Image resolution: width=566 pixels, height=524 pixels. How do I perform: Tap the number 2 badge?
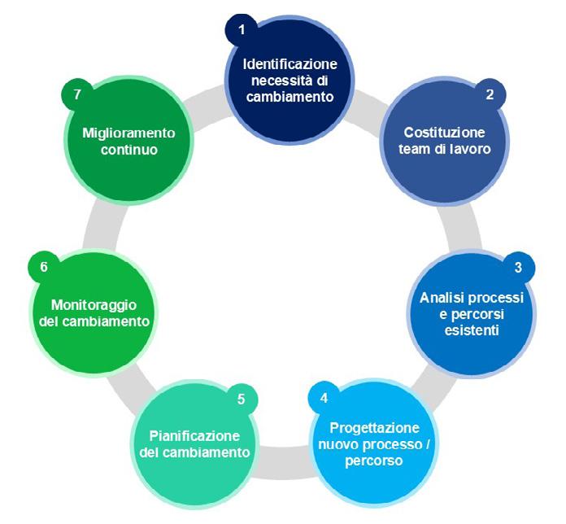click(490, 94)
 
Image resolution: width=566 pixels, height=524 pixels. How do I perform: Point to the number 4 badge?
click(324, 399)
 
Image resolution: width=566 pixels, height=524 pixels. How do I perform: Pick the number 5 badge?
click(241, 399)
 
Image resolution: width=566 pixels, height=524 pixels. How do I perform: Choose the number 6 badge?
click(44, 267)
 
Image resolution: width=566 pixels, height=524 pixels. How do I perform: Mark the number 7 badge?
click(77, 94)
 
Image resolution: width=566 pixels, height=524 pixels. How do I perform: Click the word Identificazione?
click(290, 63)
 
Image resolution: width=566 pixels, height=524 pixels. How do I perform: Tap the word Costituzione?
click(445, 132)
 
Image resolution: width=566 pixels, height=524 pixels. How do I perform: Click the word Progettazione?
click(375, 428)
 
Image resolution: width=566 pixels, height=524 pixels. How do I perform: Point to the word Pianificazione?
click(194, 434)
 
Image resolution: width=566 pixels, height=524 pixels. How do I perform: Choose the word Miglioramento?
click(128, 133)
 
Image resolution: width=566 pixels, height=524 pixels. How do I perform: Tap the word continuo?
click(128, 150)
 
